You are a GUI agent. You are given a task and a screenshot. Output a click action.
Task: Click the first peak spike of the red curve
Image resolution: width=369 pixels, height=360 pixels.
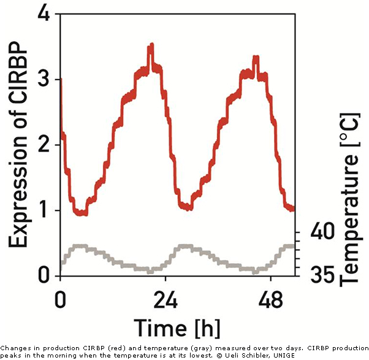point(151,47)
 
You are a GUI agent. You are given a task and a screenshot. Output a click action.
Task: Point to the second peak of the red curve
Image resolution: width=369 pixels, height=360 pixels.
point(256,58)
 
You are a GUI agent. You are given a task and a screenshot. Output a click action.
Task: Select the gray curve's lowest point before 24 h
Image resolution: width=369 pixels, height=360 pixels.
point(150,270)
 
